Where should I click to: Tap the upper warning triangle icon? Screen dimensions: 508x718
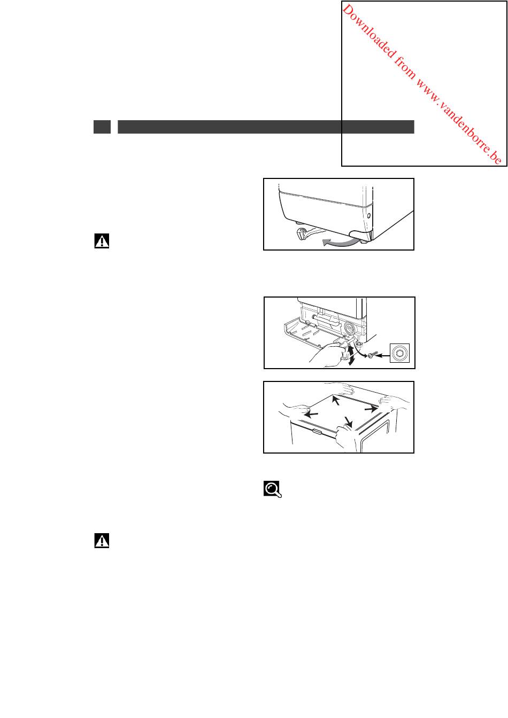(x=102, y=241)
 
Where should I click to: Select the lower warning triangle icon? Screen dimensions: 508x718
(x=102, y=541)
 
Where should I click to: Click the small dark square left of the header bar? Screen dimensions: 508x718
(x=102, y=127)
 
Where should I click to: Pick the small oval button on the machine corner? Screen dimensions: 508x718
(x=369, y=216)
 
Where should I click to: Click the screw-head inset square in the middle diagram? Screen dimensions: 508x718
(x=399, y=353)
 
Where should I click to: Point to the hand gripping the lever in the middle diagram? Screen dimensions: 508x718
(x=327, y=355)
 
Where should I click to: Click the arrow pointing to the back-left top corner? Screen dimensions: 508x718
(x=336, y=400)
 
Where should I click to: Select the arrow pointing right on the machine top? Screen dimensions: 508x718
(x=371, y=409)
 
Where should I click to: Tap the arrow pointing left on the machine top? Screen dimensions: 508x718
(x=311, y=415)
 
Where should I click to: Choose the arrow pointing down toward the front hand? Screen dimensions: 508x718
(x=348, y=422)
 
